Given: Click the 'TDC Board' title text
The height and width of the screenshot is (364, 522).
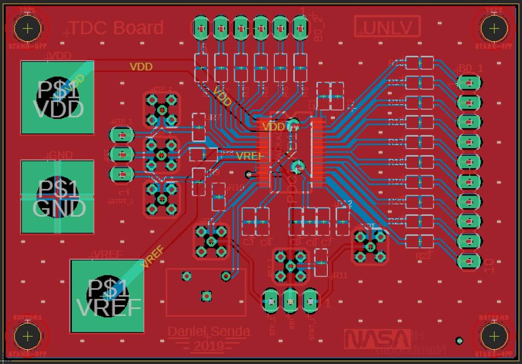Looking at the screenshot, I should pyautogui.click(x=116, y=28).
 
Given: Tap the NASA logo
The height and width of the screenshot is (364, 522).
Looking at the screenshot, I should pyautogui.click(x=377, y=339).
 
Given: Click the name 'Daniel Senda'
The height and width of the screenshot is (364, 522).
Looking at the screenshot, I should pyautogui.click(x=209, y=332).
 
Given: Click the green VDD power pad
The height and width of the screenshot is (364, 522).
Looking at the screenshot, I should pyautogui.click(x=57, y=97).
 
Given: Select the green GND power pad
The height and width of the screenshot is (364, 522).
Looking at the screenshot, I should pyautogui.click(x=57, y=196).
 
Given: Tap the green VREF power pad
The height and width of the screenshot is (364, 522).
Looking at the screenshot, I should pyautogui.click(x=107, y=296).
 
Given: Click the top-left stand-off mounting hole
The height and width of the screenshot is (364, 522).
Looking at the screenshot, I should pyautogui.click(x=28, y=29).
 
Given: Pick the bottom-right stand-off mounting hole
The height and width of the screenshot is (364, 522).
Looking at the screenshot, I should pyautogui.click(x=494, y=336).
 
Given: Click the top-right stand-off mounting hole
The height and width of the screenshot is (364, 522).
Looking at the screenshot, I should pyautogui.click(x=494, y=29).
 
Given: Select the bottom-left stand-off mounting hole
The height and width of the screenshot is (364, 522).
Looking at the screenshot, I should pyautogui.click(x=28, y=336).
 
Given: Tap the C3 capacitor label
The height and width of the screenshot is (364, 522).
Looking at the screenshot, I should pyautogui.click(x=248, y=242).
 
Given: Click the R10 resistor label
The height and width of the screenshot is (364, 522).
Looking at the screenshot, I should pyautogui.click(x=236, y=188).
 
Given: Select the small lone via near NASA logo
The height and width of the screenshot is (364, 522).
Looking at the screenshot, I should pyautogui.click(x=459, y=340).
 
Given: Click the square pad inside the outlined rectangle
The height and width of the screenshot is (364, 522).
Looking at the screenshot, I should pyautogui.click(x=206, y=296).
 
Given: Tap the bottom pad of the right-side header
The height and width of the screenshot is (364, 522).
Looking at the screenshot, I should pyautogui.click(x=469, y=261).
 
